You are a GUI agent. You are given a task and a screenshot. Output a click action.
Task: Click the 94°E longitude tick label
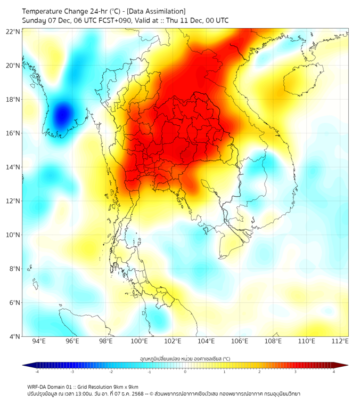[39, 342]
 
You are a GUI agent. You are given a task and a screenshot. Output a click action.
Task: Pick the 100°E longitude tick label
[140, 342]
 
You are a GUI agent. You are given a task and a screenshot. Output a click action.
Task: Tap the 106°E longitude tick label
[240, 342]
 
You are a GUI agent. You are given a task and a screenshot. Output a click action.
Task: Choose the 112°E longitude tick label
[340, 342]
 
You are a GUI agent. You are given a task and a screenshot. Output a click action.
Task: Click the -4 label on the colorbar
[37, 372]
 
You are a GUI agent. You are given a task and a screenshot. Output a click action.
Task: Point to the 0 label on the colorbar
[185, 372]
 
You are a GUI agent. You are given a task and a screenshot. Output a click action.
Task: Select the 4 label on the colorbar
[334, 372]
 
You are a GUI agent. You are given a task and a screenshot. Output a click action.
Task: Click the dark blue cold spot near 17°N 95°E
[63, 113]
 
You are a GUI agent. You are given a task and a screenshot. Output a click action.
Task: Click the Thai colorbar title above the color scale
[185, 359]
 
